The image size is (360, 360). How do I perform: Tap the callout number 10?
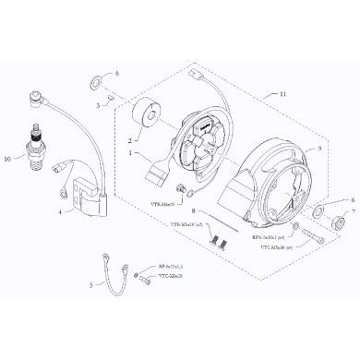[x=8, y=158]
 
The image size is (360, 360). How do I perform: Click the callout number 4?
[x=61, y=211]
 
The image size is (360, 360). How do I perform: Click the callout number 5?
[x=90, y=286]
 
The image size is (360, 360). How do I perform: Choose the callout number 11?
[x=282, y=94]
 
